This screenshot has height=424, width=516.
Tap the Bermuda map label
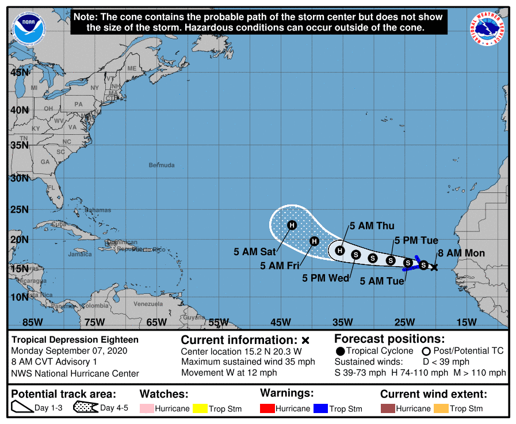161,165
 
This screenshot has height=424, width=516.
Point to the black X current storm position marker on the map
434,267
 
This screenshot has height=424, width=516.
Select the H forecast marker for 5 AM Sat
292,225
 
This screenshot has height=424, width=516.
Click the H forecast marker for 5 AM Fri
314,241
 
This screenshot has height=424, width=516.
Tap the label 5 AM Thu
372,226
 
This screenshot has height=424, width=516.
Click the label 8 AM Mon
461,253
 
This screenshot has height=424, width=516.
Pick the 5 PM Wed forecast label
326,278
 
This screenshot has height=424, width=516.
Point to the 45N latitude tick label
19,73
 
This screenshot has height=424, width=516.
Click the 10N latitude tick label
19,297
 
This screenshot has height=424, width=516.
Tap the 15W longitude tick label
466,322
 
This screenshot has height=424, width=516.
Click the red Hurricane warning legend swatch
267,408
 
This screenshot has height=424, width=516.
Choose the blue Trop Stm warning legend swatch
320,408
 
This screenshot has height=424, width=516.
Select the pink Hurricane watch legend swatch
147,408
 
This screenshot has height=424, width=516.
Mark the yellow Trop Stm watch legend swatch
200,408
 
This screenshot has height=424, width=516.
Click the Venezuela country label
148,304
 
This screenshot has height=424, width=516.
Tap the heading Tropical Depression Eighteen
75,340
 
